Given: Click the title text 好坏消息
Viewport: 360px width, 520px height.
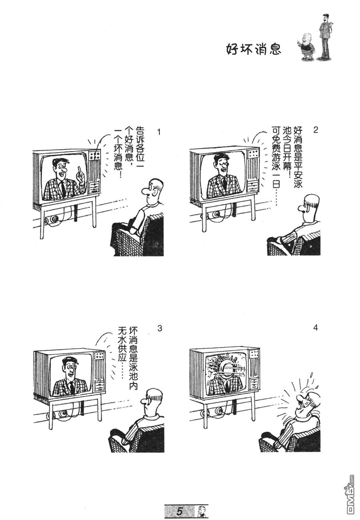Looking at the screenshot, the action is pos(253,49).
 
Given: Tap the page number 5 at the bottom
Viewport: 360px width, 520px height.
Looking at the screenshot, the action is pos(180,511).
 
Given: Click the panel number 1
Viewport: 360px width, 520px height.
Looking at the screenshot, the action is pos(159,132).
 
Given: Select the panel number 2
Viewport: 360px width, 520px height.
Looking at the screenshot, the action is pos(315,130).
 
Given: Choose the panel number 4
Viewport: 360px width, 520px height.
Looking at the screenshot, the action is pos(315,328).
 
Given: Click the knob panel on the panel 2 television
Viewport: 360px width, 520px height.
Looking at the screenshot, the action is pos(253,153).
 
